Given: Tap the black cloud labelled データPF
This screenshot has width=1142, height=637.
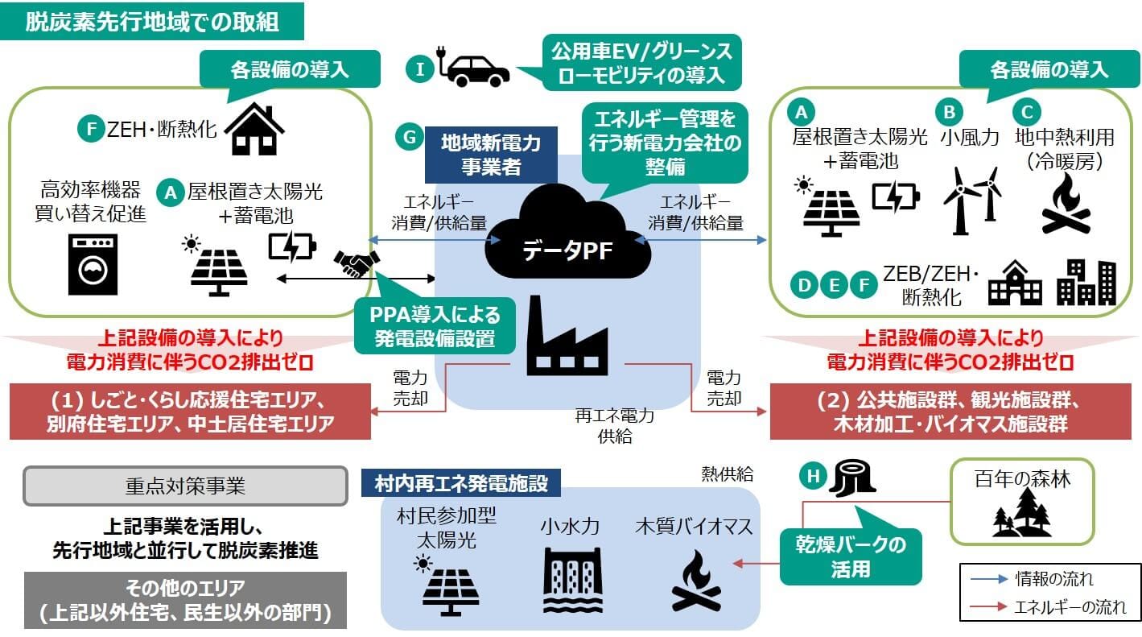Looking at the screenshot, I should click(x=568, y=234).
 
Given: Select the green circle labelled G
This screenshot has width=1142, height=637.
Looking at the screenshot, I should click(x=409, y=137).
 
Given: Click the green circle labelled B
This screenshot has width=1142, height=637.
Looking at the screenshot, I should click(x=950, y=110).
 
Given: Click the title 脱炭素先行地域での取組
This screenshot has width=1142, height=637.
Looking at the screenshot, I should click(x=152, y=22).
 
